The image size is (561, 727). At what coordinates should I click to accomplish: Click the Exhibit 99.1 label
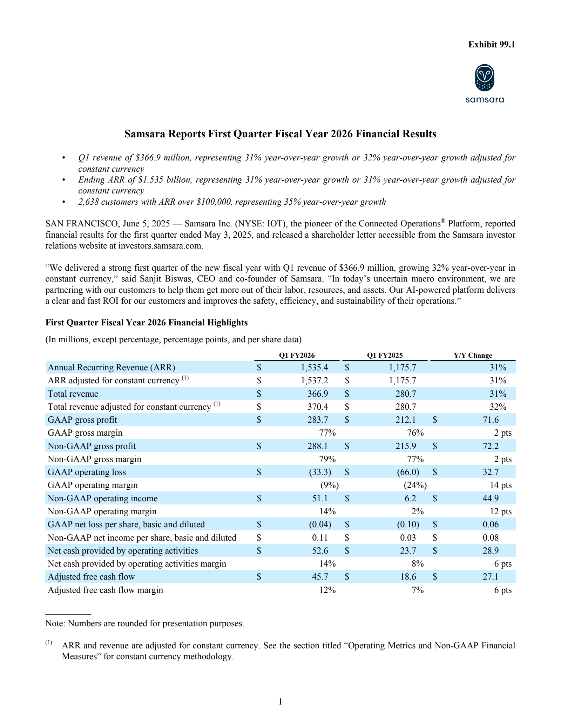492,45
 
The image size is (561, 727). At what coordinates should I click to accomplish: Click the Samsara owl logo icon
485,78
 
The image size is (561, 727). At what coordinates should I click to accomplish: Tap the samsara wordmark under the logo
485,100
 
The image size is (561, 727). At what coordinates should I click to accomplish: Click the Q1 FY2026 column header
297,355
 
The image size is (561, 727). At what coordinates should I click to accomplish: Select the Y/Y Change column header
473,355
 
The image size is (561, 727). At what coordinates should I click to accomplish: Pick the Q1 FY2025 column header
385,355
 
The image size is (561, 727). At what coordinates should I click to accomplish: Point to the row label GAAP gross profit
82,420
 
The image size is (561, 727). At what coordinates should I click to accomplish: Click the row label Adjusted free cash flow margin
105,590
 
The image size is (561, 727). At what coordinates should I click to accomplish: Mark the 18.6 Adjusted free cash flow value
408,577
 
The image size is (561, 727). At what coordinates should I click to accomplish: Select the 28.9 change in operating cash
491,551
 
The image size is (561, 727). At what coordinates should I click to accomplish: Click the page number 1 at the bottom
280,702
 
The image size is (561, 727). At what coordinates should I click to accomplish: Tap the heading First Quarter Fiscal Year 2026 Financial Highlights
147,323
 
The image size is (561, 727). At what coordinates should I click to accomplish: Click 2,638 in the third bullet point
89,202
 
